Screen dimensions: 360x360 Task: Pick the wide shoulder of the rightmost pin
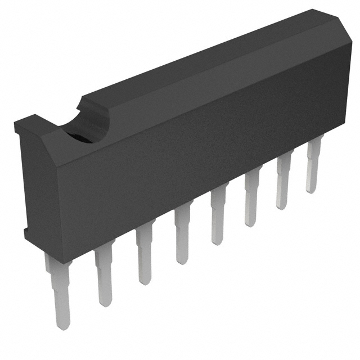tap(314, 148)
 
